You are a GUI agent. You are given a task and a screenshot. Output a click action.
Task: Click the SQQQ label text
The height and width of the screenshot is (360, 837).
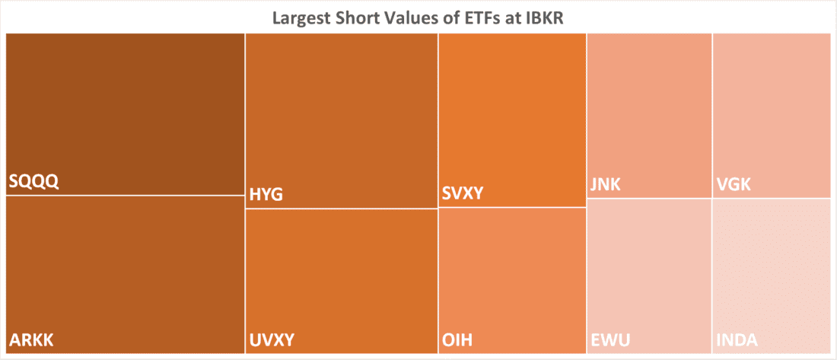coord(34,182)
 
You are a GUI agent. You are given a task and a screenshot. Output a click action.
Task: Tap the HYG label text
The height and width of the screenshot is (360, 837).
coord(266,195)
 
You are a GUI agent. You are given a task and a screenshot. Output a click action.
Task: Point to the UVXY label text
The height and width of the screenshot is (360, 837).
coord(272,339)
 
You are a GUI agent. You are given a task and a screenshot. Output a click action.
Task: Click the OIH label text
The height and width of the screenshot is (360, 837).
coord(457,339)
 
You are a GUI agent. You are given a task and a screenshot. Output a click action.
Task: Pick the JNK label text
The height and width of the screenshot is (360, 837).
coord(605,183)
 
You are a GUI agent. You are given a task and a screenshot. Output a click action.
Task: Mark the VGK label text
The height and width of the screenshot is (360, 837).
coord(732,183)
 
